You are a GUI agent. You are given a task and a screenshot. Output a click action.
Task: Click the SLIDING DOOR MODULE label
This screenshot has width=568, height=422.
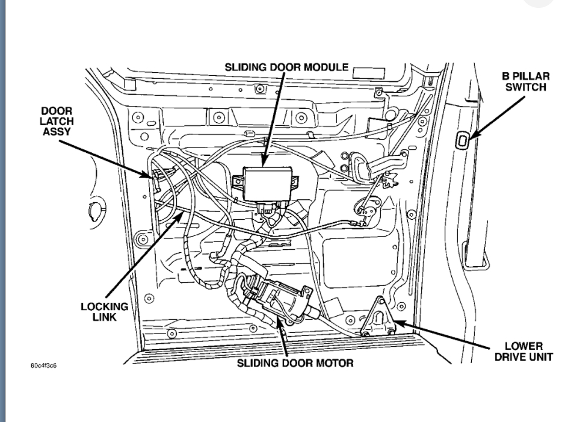tap(286, 67)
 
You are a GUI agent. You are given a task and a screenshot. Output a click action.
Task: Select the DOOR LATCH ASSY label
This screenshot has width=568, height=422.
tap(58, 122)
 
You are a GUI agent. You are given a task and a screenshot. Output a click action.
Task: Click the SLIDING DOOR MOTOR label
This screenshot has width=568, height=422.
tap(295, 363)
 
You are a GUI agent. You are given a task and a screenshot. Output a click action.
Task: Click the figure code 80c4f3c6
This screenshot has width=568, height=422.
tap(50, 365)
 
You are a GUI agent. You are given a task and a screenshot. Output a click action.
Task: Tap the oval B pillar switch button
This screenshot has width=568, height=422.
tap(463, 141)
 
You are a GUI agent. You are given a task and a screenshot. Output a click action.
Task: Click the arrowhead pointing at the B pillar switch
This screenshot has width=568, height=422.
tap(471, 137)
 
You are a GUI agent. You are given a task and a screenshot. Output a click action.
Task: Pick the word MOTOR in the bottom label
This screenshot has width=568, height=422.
tap(336, 363)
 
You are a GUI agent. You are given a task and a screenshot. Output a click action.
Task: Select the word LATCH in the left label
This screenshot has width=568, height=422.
tap(58, 122)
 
